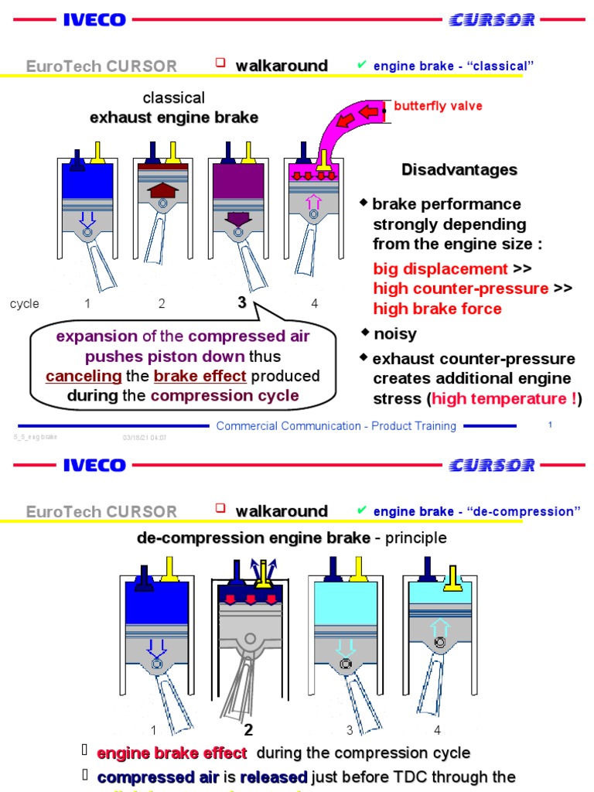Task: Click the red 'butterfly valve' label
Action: click(x=438, y=106)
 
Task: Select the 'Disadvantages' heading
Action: click(x=459, y=169)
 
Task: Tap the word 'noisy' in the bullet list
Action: click(x=394, y=334)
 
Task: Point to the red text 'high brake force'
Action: click(x=437, y=309)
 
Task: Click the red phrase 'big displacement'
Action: click(x=440, y=268)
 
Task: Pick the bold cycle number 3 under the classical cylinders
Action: click(x=241, y=303)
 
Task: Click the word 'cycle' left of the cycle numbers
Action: click(x=25, y=304)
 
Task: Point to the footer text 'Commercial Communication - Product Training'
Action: click(x=336, y=426)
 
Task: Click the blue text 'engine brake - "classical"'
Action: click(x=454, y=67)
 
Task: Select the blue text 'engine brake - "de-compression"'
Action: click(x=476, y=512)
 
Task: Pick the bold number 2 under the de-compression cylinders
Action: click(x=248, y=730)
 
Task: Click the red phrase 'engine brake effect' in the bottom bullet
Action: click(x=172, y=753)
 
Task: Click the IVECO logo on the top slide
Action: click(x=94, y=20)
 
